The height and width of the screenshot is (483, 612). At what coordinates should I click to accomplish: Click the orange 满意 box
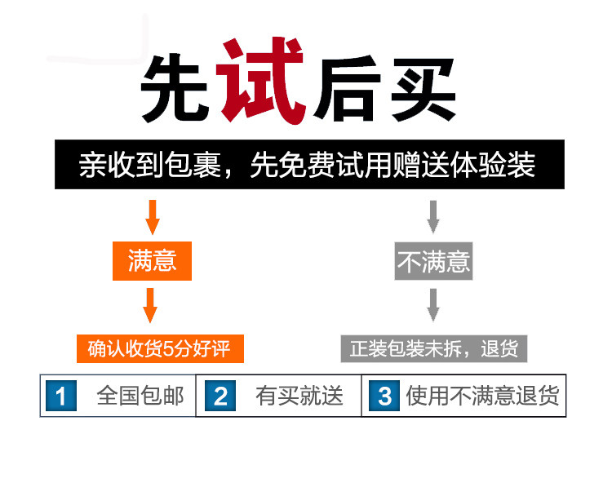pyautogui.click(x=152, y=261)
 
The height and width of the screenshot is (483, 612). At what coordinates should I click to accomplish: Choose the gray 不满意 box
pyautogui.click(x=433, y=261)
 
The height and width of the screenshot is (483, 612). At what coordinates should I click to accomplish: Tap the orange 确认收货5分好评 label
pyautogui.click(x=159, y=349)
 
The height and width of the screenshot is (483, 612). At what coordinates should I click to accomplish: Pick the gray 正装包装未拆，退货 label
pyautogui.click(x=433, y=349)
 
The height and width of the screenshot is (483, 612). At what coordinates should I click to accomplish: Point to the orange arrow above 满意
pyautogui.click(x=151, y=216)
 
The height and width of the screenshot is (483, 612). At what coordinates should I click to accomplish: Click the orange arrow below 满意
pyautogui.click(x=150, y=305)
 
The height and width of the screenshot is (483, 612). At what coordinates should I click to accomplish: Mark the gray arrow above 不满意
pyautogui.click(x=433, y=216)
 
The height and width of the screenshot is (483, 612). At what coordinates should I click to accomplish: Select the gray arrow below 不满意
pyautogui.click(x=433, y=305)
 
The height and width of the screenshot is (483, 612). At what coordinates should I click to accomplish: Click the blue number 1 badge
pyautogui.click(x=60, y=397)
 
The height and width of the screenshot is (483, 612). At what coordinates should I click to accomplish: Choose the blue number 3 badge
pyautogui.click(x=384, y=397)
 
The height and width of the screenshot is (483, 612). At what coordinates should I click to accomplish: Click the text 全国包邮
pyautogui.click(x=140, y=397)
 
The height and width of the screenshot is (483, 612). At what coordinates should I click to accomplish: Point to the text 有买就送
pyautogui.click(x=299, y=397)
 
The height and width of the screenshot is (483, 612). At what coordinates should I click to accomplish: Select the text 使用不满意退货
pyautogui.click(x=482, y=397)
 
